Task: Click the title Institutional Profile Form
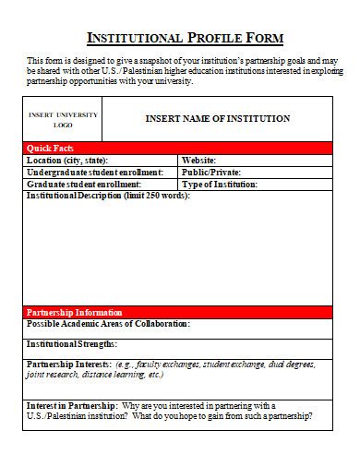click(185, 38)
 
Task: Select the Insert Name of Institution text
click(218, 118)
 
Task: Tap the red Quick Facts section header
click(52, 148)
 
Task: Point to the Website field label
click(198, 160)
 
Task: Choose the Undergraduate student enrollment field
click(95, 172)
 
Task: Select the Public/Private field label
click(211, 172)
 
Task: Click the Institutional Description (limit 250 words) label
click(107, 196)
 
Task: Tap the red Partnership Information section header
click(74, 312)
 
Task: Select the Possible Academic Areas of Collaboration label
click(109, 324)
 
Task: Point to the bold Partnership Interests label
click(69, 364)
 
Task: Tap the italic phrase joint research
click(50, 375)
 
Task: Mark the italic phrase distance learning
click(107, 375)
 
